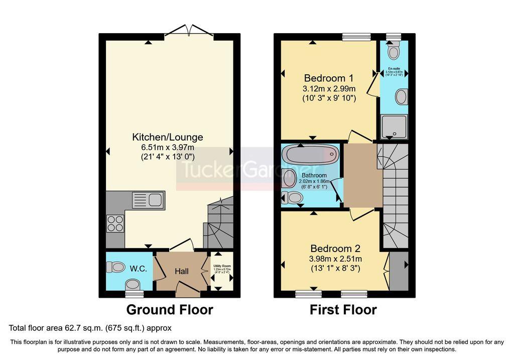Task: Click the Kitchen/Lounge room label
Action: point(168,137)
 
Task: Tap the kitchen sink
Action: point(148,201)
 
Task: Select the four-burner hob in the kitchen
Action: point(115,222)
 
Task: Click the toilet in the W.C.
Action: point(116,267)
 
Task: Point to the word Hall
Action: point(181,271)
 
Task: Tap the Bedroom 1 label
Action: point(329,78)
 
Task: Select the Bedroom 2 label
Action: point(335,249)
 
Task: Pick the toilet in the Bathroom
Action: point(293,199)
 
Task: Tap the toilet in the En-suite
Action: point(394,51)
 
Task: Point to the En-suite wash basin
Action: point(402,96)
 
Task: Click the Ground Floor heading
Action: point(169,310)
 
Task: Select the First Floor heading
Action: point(343,310)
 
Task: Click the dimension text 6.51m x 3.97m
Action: point(168,147)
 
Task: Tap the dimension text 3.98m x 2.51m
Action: point(336,259)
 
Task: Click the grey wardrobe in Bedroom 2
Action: point(399,271)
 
